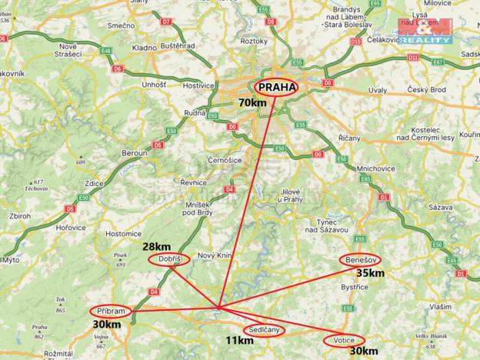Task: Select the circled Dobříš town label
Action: click(168, 260)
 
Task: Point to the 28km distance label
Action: click(158, 247)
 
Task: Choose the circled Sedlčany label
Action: click(263, 330)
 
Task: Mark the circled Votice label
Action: click(343, 340)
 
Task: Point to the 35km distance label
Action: click(370, 272)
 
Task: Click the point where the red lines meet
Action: click(219, 308)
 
